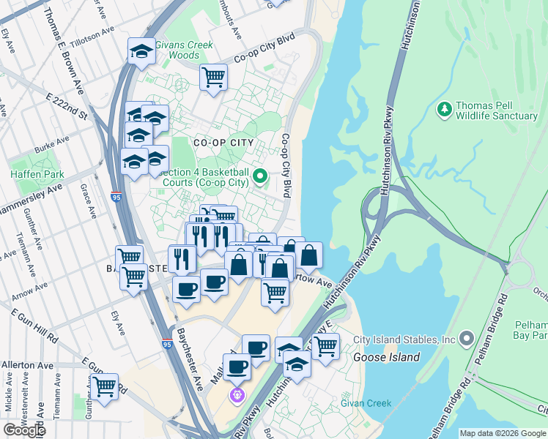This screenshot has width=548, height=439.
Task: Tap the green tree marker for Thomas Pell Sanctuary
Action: [443, 110]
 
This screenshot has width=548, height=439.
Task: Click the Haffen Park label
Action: [37, 174]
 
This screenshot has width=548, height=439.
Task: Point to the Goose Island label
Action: [386, 358]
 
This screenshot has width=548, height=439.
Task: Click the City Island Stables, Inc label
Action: [404, 339]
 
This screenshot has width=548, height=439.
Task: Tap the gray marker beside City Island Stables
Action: [467, 339]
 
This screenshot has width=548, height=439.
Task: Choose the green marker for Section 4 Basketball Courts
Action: [259, 176]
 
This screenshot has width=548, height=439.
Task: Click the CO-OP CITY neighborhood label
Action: [223, 143]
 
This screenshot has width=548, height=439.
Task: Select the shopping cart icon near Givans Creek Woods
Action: [213, 76]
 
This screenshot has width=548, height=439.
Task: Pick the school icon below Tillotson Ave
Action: [141, 50]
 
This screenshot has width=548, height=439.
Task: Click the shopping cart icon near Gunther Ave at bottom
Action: [105, 386]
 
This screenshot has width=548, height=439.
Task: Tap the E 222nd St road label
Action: [66, 106]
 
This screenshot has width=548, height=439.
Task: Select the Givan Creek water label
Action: [370, 403]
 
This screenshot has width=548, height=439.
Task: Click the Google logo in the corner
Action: [23, 430]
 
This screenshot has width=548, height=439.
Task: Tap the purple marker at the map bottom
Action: [237, 397]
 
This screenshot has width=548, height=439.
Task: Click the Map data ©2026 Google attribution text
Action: [502, 433]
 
